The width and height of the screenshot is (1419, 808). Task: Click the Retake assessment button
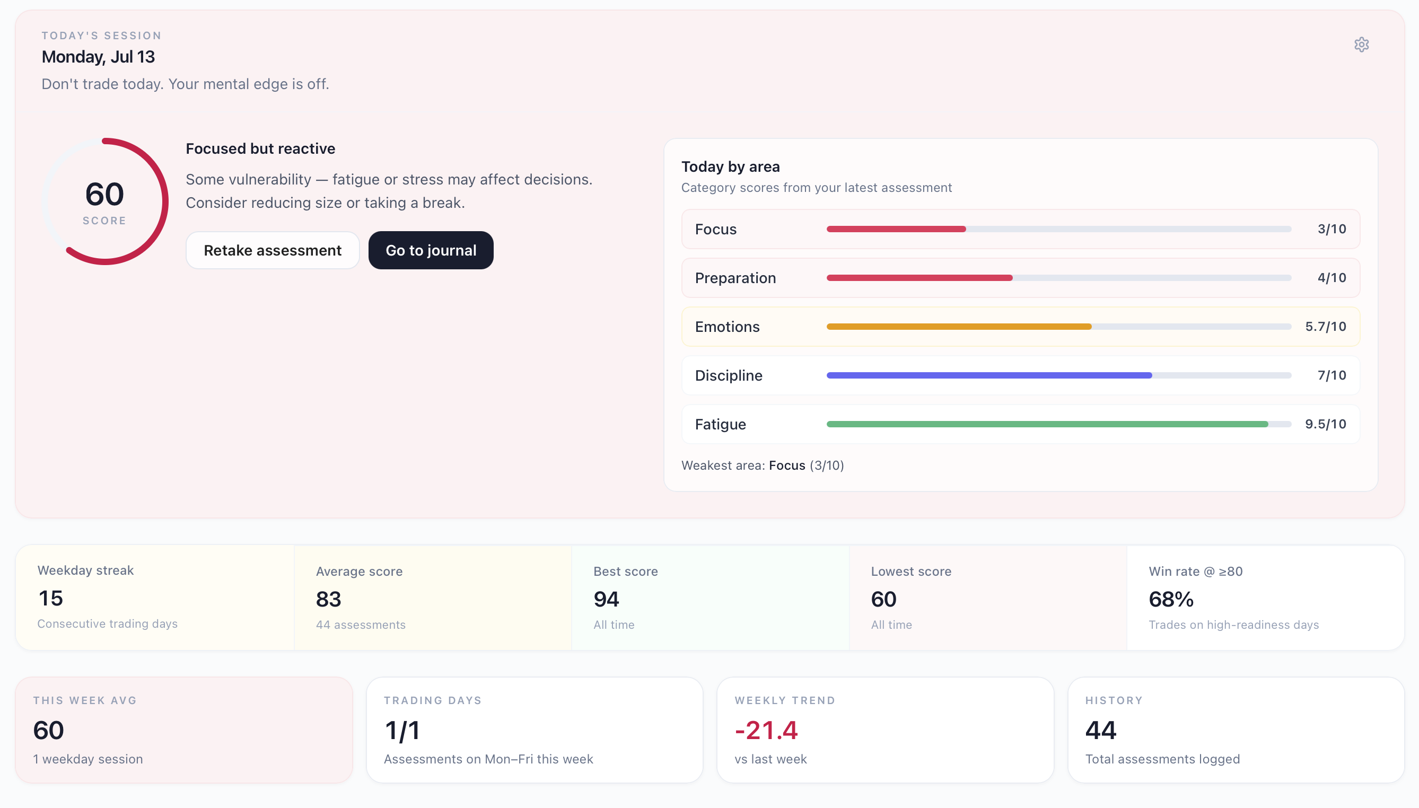click(x=273, y=250)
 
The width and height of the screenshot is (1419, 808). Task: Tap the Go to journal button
click(x=431, y=250)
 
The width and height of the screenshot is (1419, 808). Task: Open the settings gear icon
click(x=1361, y=45)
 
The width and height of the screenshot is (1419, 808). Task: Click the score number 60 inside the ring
click(x=104, y=194)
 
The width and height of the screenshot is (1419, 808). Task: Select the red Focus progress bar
click(x=896, y=229)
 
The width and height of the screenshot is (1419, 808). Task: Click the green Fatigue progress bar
click(x=1047, y=425)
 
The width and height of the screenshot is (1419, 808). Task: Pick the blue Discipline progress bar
click(x=989, y=376)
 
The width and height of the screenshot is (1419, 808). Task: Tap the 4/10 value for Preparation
click(x=1332, y=278)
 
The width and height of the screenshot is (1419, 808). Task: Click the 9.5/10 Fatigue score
click(x=1325, y=425)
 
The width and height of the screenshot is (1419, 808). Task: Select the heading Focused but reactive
click(x=260, y=149)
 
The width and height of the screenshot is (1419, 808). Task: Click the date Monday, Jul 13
click(x=98, y=57)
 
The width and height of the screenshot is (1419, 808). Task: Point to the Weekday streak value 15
click(x=50, y=598)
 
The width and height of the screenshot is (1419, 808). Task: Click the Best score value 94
click(x=606, y=599)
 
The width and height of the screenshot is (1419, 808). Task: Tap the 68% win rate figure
click(x=1171, y=599)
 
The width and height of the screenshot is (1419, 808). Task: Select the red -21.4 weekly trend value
click(x=766, y=730)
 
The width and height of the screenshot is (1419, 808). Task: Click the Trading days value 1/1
click(x=402, y=730)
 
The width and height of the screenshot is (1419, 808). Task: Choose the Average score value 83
click(x=329, y=599)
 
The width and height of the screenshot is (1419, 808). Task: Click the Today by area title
click(x=730, y=166)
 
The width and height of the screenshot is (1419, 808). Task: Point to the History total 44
click(x=1100, y=730)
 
